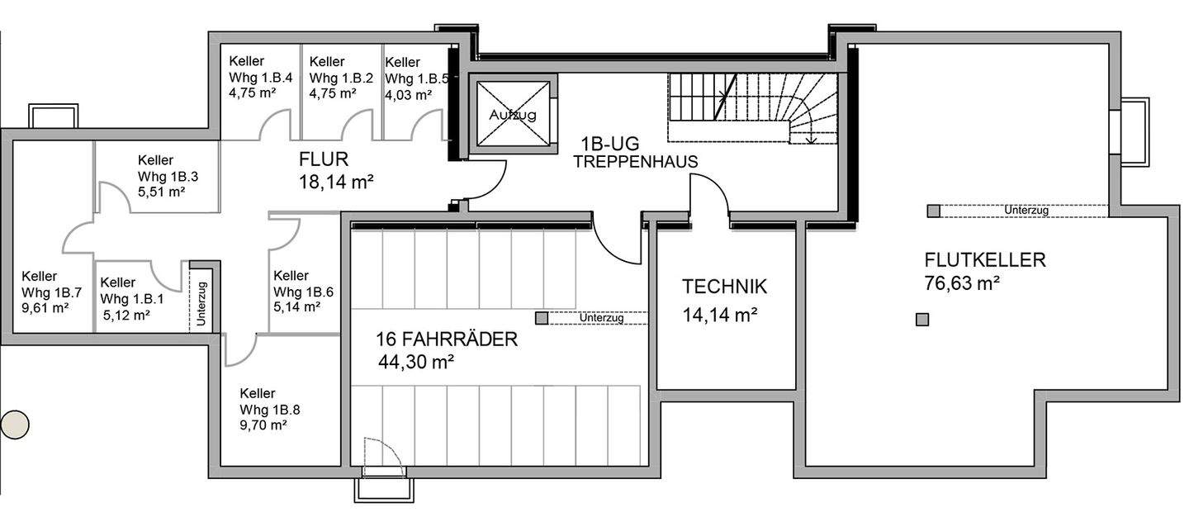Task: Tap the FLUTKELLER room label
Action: click(985, 260)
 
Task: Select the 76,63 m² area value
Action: click(963, 284)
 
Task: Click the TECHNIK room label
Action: click(724, 287)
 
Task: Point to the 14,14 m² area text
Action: click(720, 315)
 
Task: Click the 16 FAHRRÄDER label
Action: click(446, 339)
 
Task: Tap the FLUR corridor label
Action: click(324, 159)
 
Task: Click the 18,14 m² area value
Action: click(337, 182)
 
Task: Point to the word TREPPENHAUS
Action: click(635, 163)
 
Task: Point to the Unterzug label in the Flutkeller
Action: click(1026, 211)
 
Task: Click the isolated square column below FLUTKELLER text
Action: click(922, 320)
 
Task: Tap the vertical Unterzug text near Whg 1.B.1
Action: click(201, 297)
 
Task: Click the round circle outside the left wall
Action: click(14, 425)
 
